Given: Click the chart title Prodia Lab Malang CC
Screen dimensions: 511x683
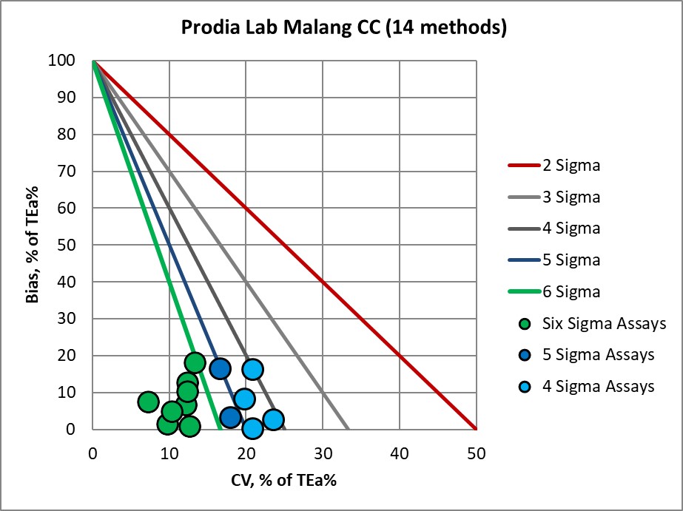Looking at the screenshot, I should (x=344, y=29).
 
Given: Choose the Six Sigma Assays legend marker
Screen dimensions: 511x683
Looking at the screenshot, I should (x=525, y=323).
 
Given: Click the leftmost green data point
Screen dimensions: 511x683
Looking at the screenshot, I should (x=148, y=402).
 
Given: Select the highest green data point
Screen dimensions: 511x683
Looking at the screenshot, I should (x=195, y=362).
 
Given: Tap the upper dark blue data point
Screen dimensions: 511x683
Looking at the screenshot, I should (x=220, y=368).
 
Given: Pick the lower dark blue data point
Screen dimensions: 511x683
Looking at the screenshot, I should (x=230, y=417).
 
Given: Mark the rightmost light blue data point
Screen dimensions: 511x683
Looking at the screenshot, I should (x=273, y=419).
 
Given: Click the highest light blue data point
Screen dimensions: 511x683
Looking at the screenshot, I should (x=252, y=369).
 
